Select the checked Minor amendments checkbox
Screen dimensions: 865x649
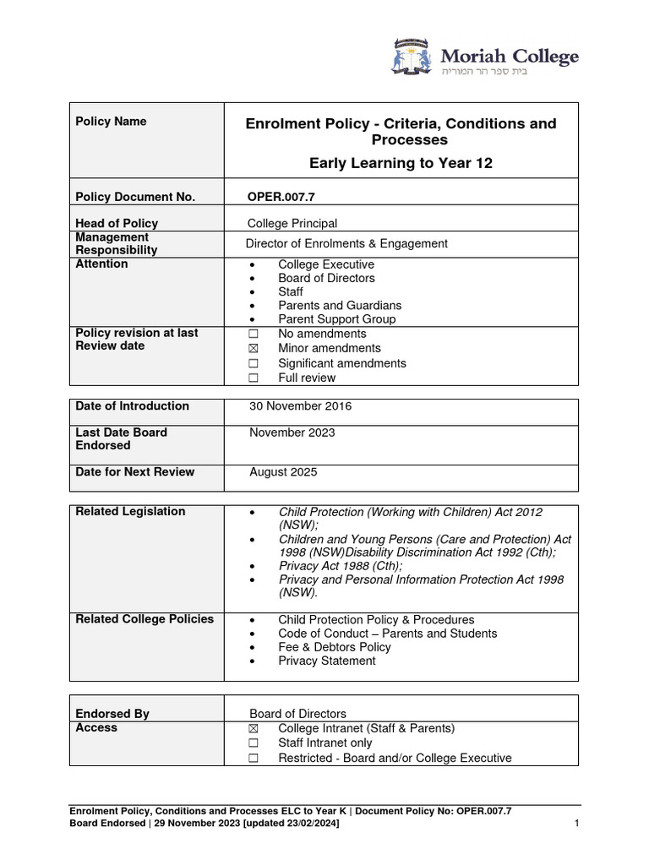pyautogui.click(x=253, y=349)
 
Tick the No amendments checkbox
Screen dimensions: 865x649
pyautogui.click(x=253, y=335)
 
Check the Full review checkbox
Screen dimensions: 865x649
pyautogui.click(x=253, y=378)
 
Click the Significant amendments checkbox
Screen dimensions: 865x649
pyautogui.click(x=253, y=364)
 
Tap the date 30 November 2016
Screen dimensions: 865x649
pyautogui.click(x=300, y=406)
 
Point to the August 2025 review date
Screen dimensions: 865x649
pyautogui.click(x=283, y=472)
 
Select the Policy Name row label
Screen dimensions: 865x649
pyautogui.click(x=111, y=122)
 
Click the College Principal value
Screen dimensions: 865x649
pyautogui.click(x=292, y=224)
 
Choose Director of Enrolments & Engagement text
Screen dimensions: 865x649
pyautogui.click(x=346, y=244)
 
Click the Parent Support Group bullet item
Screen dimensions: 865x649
pyautogui.click(x=336, y=319)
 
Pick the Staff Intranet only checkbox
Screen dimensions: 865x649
pyautogui.click(x=253, y=743)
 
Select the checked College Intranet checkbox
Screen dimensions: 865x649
pyautogui.click(x=253, y=729)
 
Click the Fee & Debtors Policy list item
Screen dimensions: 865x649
pyautogui.click(x=334, y=647)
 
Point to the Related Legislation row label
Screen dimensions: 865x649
pyautogui.click(x=130, y=512)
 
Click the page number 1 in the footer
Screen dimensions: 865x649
pyautogui.click(x=575, y=824)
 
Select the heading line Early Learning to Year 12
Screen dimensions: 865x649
pyautogui.click(x=401, y=163)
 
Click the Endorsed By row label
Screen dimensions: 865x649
pyautogui.click(x=112, y=714)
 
